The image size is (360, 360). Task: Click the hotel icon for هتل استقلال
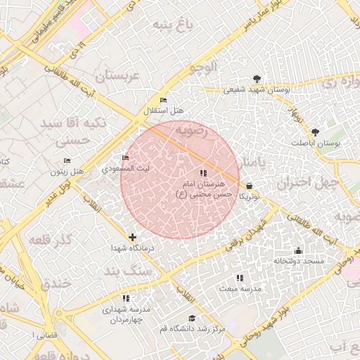164,101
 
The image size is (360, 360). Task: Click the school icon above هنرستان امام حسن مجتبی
203,173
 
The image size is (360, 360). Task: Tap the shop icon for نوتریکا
250,186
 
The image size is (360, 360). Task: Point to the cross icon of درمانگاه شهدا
132,237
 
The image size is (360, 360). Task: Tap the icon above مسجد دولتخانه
298,251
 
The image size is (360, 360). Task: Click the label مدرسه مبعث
239,288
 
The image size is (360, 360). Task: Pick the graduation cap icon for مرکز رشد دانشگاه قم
191,318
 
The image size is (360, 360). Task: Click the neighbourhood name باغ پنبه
171,27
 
